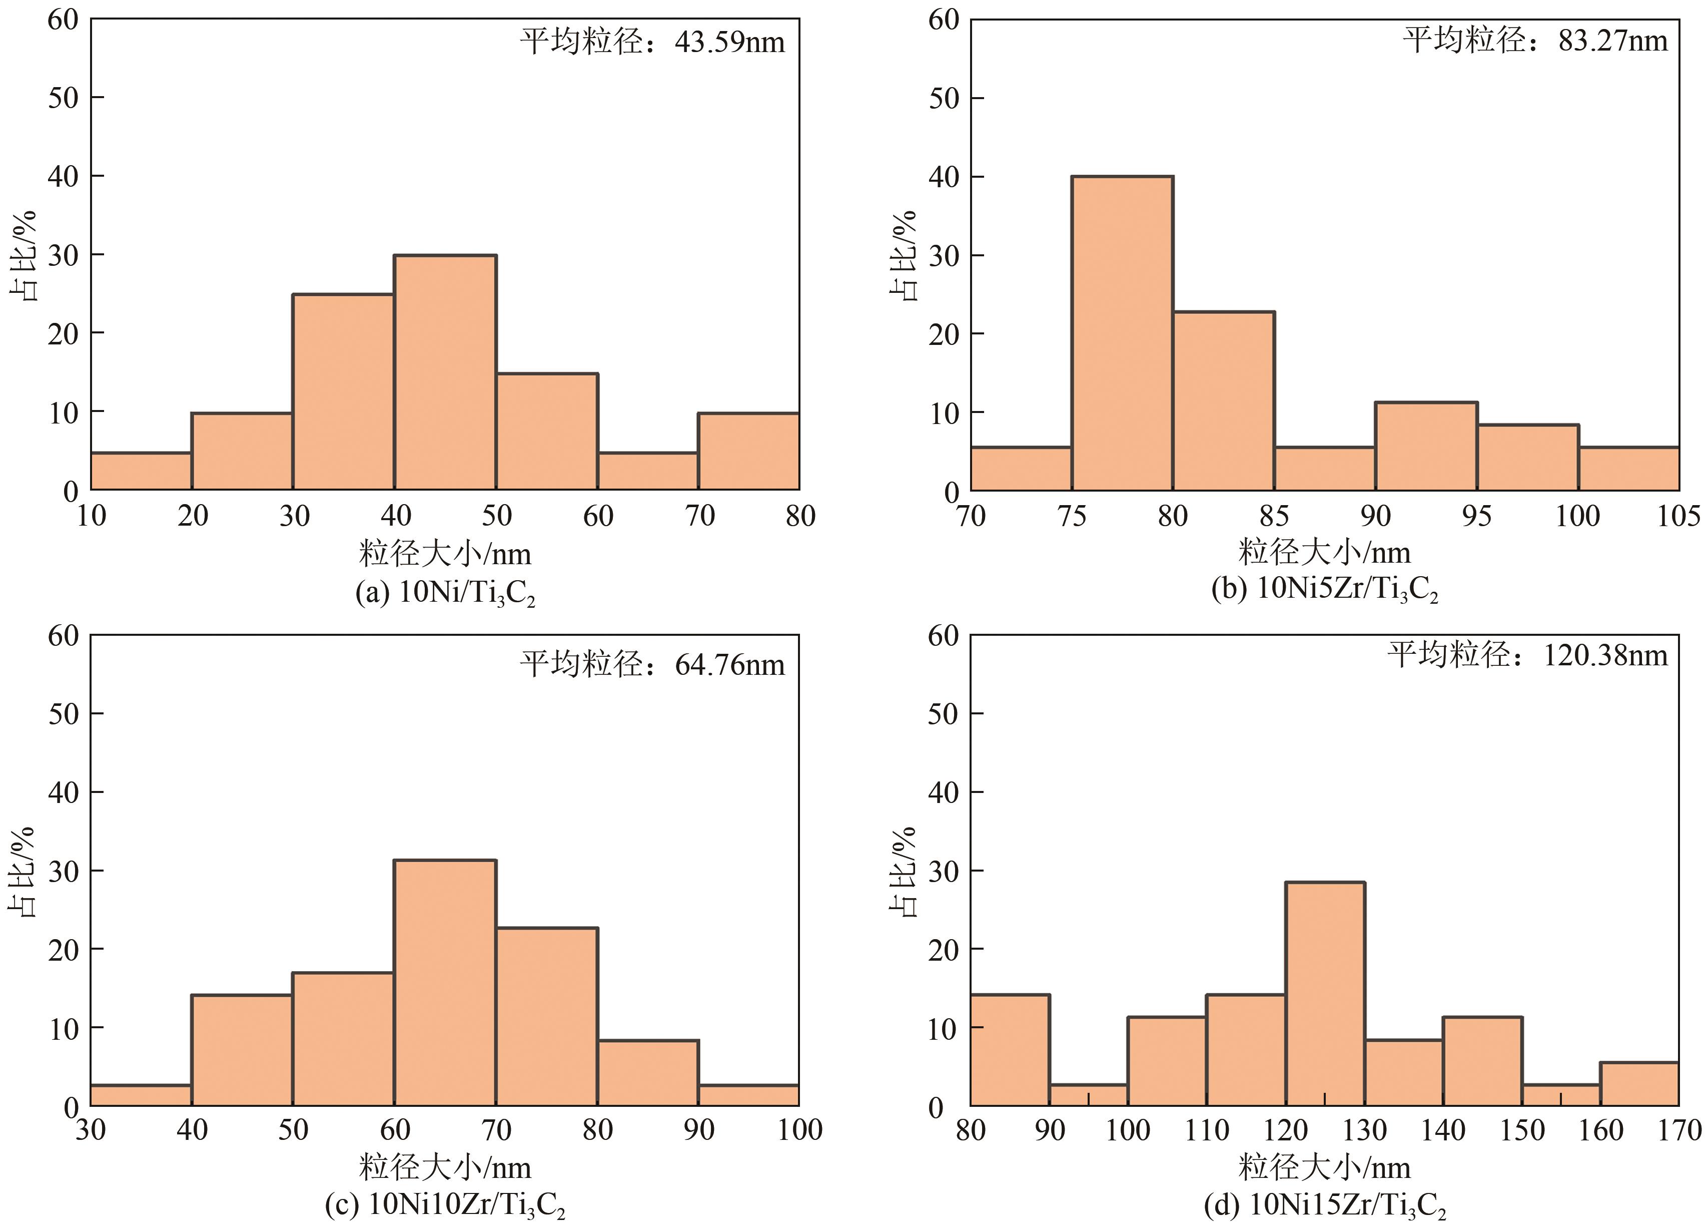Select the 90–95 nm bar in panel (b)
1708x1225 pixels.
point(1426,446)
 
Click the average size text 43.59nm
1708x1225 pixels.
point(652,42)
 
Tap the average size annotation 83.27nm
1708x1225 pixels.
point(1535,40)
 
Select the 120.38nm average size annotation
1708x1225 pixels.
point(1527,655)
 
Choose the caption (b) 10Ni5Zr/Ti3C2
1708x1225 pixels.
point(1325,590)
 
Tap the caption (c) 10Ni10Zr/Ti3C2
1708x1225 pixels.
point(445,1205)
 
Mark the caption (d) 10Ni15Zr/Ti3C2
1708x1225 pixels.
point(1325,1205)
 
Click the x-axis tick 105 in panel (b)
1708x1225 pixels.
point(1678,516)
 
